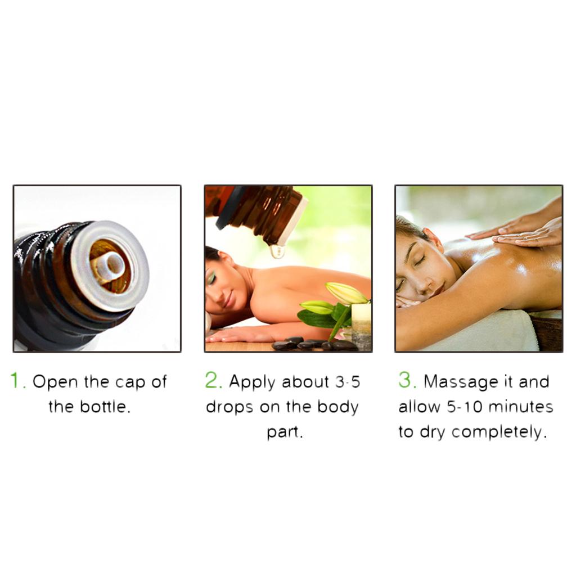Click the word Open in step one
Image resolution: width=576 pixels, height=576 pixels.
point(55,382)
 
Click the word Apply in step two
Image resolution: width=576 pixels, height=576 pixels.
point(252,382)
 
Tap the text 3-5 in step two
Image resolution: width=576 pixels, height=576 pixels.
point(348,382)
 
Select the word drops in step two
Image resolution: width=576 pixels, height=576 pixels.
point(229,407)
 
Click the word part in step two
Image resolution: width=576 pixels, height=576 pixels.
point(282,433)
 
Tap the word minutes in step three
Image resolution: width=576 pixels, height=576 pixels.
point(521,407)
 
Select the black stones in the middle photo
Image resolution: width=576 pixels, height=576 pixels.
point(313,344)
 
